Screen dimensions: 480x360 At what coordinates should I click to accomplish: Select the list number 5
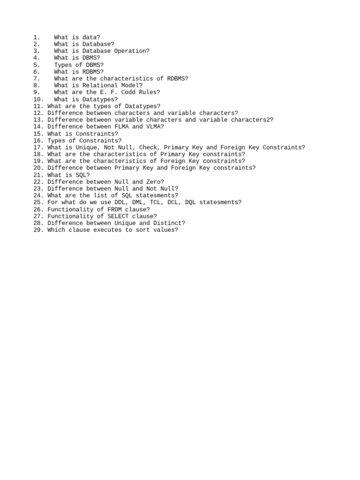point(37,65)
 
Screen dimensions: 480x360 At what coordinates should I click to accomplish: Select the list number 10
point(38,99)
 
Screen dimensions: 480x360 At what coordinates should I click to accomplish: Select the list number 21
point(38,175)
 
